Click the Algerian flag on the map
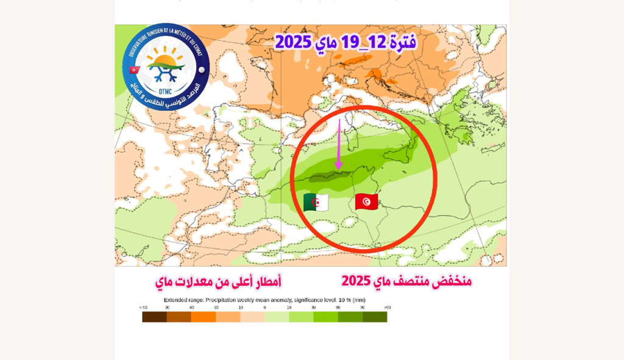click(x=316, y=202)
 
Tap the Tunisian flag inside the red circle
click(x=366, y=201)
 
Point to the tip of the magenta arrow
click(x=338, y=169)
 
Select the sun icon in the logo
click(x=165, y=58)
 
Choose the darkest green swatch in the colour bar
click(x=375, y=317)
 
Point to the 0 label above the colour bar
click(x=264, y=308)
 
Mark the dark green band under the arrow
click(x=329, y=178)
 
